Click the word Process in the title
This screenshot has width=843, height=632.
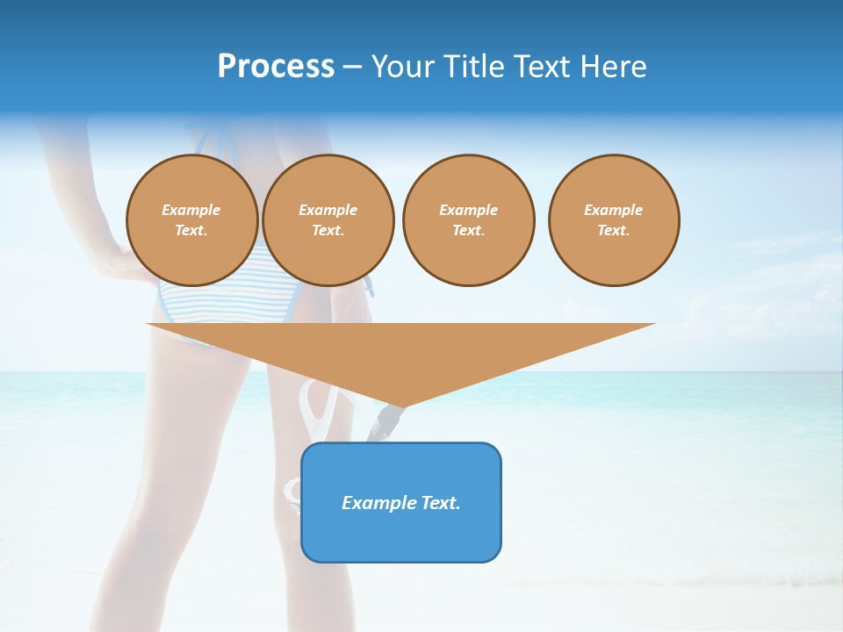pyautogui.click(x=276, y=67)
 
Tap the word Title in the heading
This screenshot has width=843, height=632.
pyautogui.click(x=477, y=67)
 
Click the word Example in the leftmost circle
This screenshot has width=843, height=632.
pyautogui.click(x=191, y=210)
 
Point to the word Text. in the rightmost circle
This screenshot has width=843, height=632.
pyautogui.click(x=614, y=230)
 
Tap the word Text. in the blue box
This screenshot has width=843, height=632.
pyautogui.click(x=440, y=503)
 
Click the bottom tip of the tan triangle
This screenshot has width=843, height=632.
pyautogui.click(x=401, y=406)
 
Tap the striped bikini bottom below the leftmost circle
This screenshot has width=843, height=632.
pyautogui.click(x=189, y=303)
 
